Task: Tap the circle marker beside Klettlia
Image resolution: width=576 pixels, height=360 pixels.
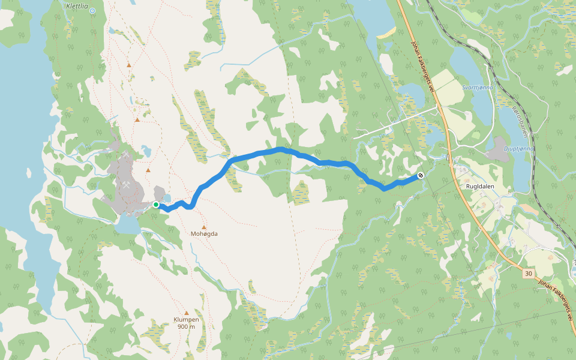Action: pos(92,11)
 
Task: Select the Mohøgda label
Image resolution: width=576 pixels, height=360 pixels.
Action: pos(204,233)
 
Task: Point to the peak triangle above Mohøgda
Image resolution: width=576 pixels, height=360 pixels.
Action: pos(204,227)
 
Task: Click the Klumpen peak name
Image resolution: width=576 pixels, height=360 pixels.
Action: pos(186,319)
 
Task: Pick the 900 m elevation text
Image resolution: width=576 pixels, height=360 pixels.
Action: pos(186,326)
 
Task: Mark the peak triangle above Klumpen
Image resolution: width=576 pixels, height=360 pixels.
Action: pos(186,313)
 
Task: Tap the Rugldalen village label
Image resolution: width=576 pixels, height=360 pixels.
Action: pos(479,187)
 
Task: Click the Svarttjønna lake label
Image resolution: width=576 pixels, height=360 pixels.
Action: pos(478,88)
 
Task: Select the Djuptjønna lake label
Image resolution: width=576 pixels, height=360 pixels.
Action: pos(520,148)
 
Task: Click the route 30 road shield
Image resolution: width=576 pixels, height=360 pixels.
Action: pos(528,273)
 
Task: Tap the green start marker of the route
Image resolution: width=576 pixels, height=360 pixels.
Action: pos(156,205)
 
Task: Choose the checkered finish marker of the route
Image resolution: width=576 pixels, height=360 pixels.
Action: pos(421,176)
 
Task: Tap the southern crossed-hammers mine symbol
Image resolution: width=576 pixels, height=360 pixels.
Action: pos(127,185)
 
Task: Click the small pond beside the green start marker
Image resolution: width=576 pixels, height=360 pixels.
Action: pos(167,197)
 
